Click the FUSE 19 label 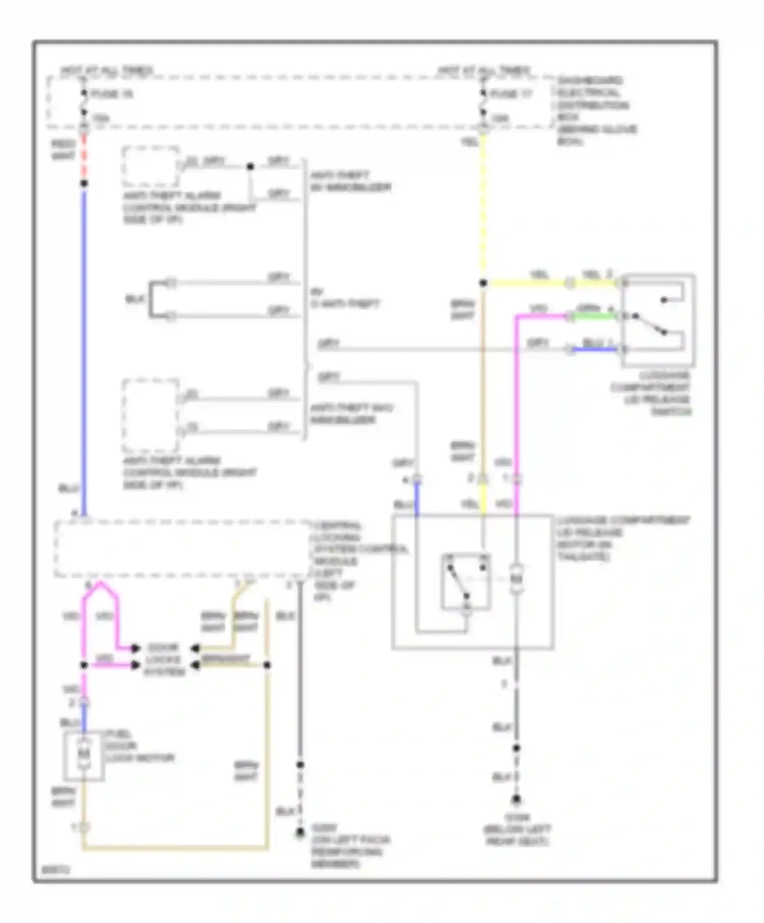[112, 94]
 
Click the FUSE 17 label [511, 94]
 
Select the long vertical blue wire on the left [84, 351]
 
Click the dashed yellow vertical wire [483, 204]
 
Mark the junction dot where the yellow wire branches [483, 283]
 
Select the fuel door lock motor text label [139, 746]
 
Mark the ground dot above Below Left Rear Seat [516, 800]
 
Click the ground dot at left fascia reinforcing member [301, 833]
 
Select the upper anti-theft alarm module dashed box [151, 166]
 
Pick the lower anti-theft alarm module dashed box [151, 415]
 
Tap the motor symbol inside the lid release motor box [516, 579]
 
